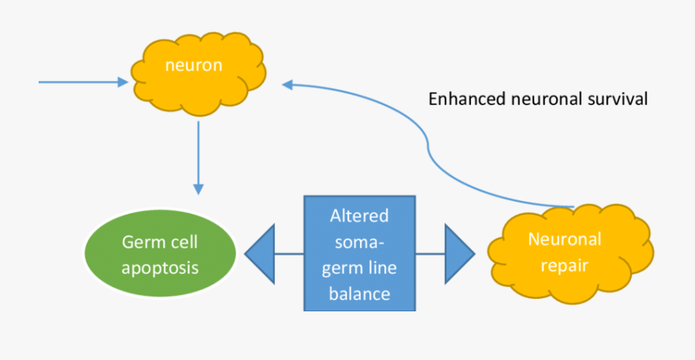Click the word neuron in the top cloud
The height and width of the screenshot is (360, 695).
(x=193, y=65)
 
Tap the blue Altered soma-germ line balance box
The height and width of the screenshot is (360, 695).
(x=359, y=253)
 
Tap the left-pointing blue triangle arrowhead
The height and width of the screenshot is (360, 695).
(x=261, y=253)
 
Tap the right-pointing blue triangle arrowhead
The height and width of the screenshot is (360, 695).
(x=459, y=253)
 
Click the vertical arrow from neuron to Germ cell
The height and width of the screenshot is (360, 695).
(x=198, y=155)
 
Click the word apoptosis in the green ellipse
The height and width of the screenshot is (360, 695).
(x=160, y=268)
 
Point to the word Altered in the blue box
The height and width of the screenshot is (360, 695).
(x=359, y=216)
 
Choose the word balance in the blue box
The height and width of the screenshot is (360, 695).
(x=359, y=294)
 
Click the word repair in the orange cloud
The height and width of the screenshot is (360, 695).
(x=564, y=266)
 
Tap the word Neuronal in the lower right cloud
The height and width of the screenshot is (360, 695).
(x=564, y=239)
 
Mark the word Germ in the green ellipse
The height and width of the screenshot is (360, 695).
(x=139, y=243)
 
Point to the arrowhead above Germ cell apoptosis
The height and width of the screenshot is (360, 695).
(x=198, y=188)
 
